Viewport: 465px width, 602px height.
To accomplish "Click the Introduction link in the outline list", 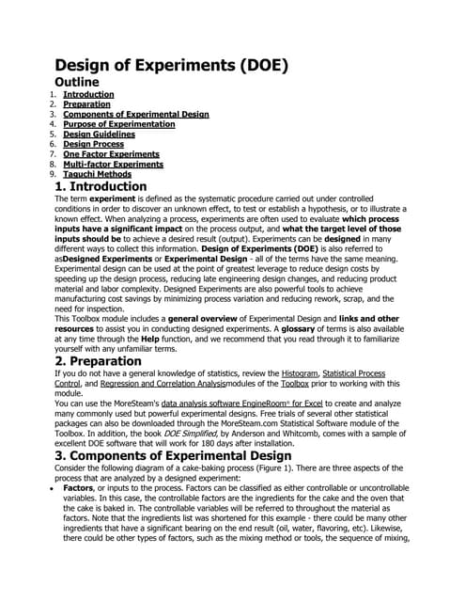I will pyautogui.click(x=88, y=95).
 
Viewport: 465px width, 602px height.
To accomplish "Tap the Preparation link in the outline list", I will pyautogui.click(x=86, y=104).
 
